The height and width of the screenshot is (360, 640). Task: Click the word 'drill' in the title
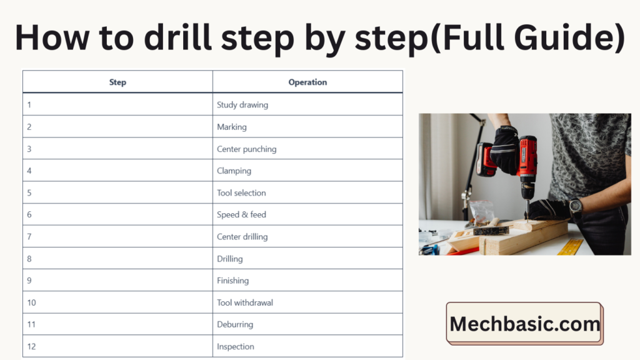[178, 37]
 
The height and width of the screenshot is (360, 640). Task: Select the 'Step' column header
[117, 82]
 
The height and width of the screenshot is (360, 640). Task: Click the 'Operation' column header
[307, 82]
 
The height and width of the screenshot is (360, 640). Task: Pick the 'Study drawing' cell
[307, 104]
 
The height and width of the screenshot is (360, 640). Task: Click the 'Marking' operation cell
[307, 126]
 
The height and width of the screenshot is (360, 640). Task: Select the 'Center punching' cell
[307, 149]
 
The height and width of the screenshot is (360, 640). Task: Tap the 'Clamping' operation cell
[307, 171]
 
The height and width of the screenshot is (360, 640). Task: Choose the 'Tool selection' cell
[307, 192]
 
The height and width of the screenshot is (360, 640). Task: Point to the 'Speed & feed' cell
[307, 214]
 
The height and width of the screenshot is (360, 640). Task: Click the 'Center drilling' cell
[307, 236]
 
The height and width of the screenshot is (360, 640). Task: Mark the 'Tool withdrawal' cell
[307, 302]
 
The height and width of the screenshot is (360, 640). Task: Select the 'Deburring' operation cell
[307, 324]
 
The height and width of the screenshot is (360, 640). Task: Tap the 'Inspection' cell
[307, 346]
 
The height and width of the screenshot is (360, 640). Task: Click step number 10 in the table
[31, 302]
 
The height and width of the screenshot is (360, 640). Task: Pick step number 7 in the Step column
[29, 236]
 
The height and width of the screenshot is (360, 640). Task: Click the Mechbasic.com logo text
[525, 324]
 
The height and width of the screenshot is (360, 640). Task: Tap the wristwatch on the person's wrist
[576, 206]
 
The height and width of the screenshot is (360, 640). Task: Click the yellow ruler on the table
[570, 246]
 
